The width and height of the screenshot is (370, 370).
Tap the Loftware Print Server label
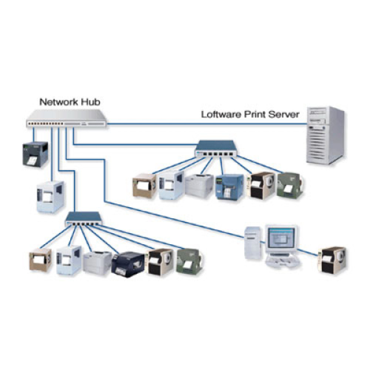click(x=250, y=114)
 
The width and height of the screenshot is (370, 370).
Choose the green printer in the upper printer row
click(x=290, y=184)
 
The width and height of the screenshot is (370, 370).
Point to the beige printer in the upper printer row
click(x=144, y=187)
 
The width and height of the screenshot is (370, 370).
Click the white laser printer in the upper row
click(x=199, y=186)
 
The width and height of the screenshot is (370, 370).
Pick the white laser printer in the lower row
click(x=97, y=262)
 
